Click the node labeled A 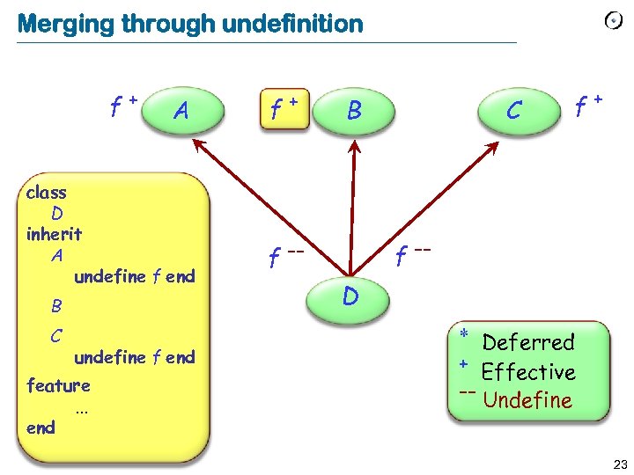click(x=181, y=111)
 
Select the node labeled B click(x=353, y=111)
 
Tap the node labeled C click(x=513, y=111)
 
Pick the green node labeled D click(x=350, y=297)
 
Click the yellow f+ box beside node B click(x=283, y=110)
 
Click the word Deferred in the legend click(x=528, y=342)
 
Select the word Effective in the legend click(x=528, y=372)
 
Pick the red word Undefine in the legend click(x=528, y=401)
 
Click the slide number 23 click(x=619, y=464)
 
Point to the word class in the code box click(x=47, y=193)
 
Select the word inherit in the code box click(x=54, y=235)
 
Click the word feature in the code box click(x=58, y=385)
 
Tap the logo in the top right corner click(x=615, y=21)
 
